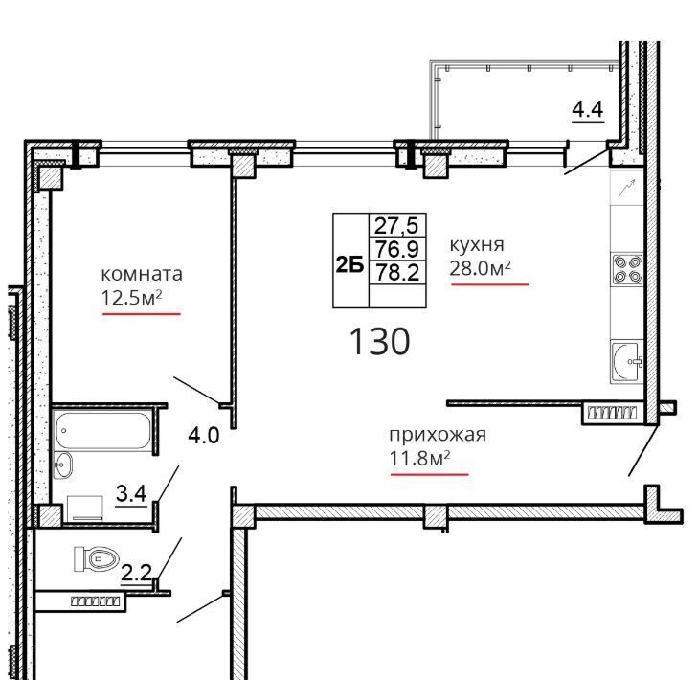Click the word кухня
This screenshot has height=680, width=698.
(x=477, y=245)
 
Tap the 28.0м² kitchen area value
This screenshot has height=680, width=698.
(x=480, y=268)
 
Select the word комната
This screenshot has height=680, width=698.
(x=142, y=274)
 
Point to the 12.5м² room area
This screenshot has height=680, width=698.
(x=131, y=297)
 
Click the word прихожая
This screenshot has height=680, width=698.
(x=438, y=435)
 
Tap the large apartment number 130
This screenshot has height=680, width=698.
(x=380, y=341)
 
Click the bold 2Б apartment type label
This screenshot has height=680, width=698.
(x=349, y=265)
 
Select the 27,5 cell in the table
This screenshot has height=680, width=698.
(x=396, y=225)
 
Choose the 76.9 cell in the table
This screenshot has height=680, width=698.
(x=397, y=248)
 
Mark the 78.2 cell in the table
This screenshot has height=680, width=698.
(x=397, y=272)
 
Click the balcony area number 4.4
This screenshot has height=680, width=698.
(x=588, y=109)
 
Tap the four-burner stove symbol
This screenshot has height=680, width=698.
(x=628, y=269)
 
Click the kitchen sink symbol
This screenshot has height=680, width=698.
(x=627, y=362)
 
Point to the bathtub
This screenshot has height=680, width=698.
(x=103, y=430)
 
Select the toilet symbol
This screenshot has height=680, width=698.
(x=96, y=559)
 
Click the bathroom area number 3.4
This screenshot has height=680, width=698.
(x=131, y=493)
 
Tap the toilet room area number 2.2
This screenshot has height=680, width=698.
(x=137, y=572)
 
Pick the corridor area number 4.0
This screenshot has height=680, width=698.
(x=204, y=435)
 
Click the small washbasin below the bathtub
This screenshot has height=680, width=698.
(x=63, y=465)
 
